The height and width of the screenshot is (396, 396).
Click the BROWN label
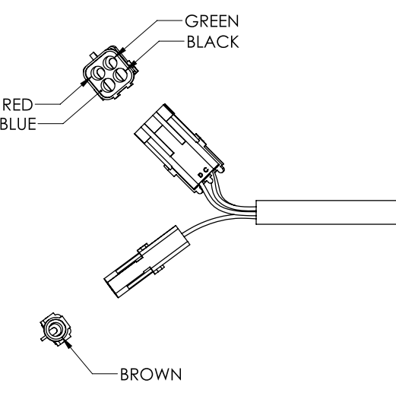tap(148, 373)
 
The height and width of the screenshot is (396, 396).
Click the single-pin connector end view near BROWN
tap(55, 329)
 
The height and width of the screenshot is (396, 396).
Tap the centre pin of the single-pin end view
tap(55, 329)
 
